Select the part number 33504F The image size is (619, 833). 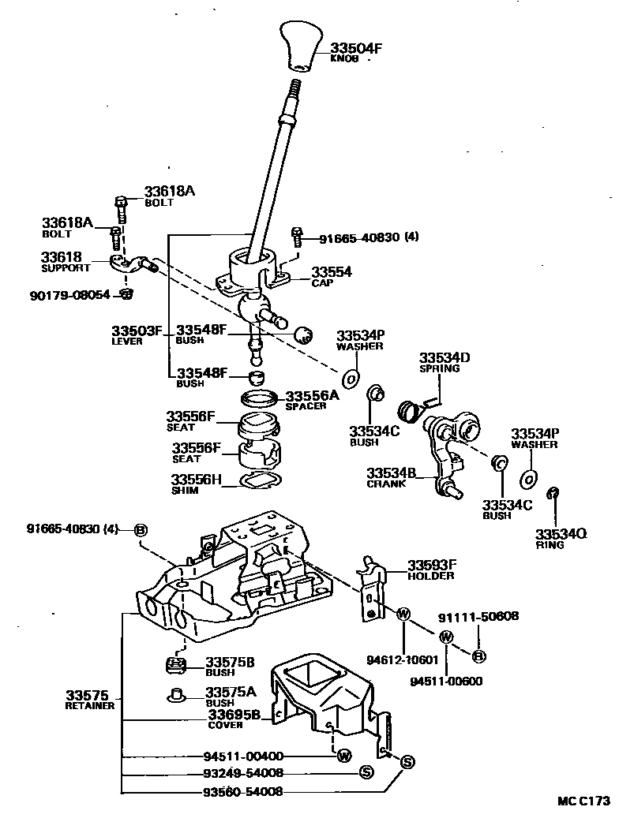click(x=356, y=48)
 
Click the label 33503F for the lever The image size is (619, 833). click(x=137, y=331)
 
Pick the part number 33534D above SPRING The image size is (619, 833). click(x=445, y=357)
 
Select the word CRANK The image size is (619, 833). click(x=386, y=484)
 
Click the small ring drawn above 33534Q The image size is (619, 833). click(x=553, y=494)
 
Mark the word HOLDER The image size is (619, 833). click(x=431, y=576)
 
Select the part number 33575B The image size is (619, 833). click(x=230, y=662)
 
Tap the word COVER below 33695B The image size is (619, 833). click(x=225, y=725)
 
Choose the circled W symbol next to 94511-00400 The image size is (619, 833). click(x=344, y=756)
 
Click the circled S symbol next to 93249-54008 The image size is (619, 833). click(x=366, y=773)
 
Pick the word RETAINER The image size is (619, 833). click(x=89, y=706)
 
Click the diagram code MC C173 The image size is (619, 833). click(x=584, y=801)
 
